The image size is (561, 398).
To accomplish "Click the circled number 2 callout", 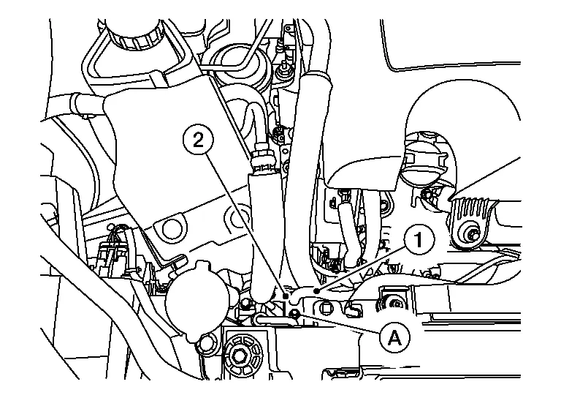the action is pyautogui.click(x=198, y=139).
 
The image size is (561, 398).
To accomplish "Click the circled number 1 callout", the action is pyautogui.click(x=419, y=239).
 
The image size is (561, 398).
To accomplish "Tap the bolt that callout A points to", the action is pyautogui.click(x=294, y=314).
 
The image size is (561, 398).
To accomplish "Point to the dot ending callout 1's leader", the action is pyautogui.click(x=316, y=291).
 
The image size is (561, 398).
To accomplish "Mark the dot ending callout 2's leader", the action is pyautogui.click(x=285, y=296).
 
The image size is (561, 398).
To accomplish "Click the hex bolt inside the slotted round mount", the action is pyautogui.click(x=239, y=356).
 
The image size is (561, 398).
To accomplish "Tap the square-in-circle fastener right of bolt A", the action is pyautogui.click(x=325, y=307).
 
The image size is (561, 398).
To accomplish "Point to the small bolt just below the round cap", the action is pyautogui.click(x=205, y=343).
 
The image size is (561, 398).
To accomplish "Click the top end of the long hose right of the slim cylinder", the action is pyautogui.click(x=316, y=76).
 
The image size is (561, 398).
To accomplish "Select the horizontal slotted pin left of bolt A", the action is pyautogui.click(x=272, y=318).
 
